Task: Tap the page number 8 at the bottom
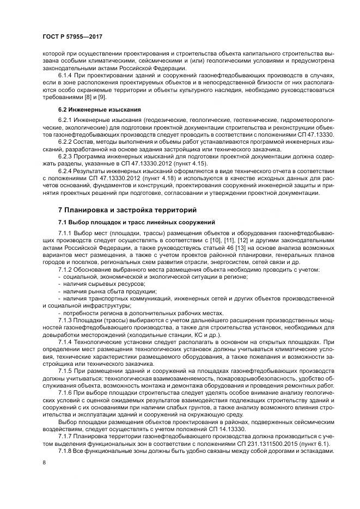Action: [43, 462]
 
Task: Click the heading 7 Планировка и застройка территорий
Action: [120, 210]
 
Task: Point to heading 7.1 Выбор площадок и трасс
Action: [137, 222]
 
